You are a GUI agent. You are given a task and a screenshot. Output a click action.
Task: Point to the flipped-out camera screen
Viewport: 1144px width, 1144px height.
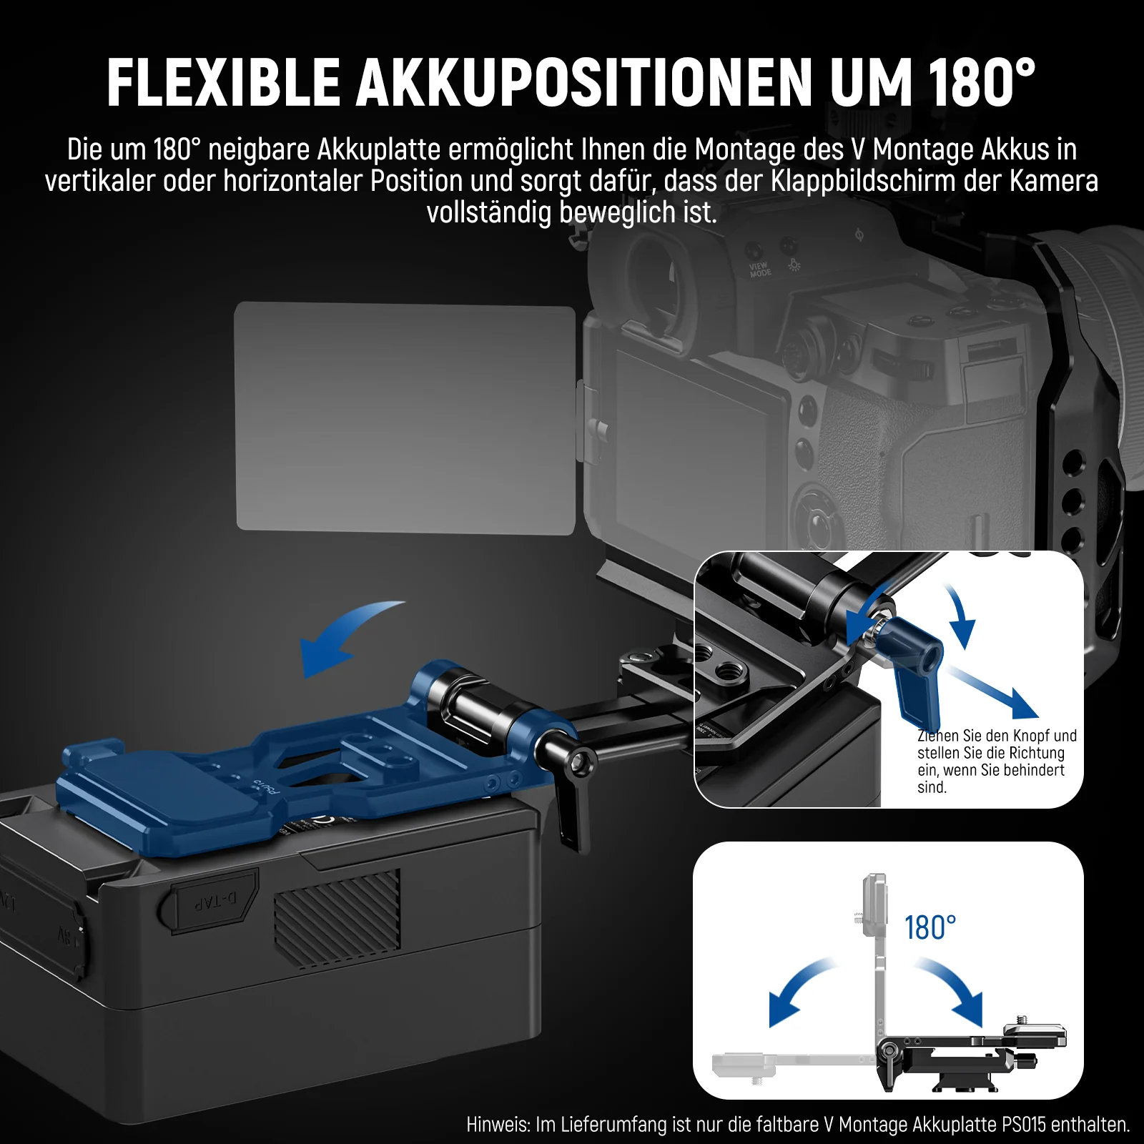pyautogui.click(x=405, y=418)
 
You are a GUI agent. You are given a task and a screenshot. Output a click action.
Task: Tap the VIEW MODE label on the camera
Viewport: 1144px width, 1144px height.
pyautogui.click(x=760, y=270)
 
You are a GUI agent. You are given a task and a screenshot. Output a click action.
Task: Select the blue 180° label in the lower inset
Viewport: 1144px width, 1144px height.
pyautogui.click(x=930, y=927)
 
